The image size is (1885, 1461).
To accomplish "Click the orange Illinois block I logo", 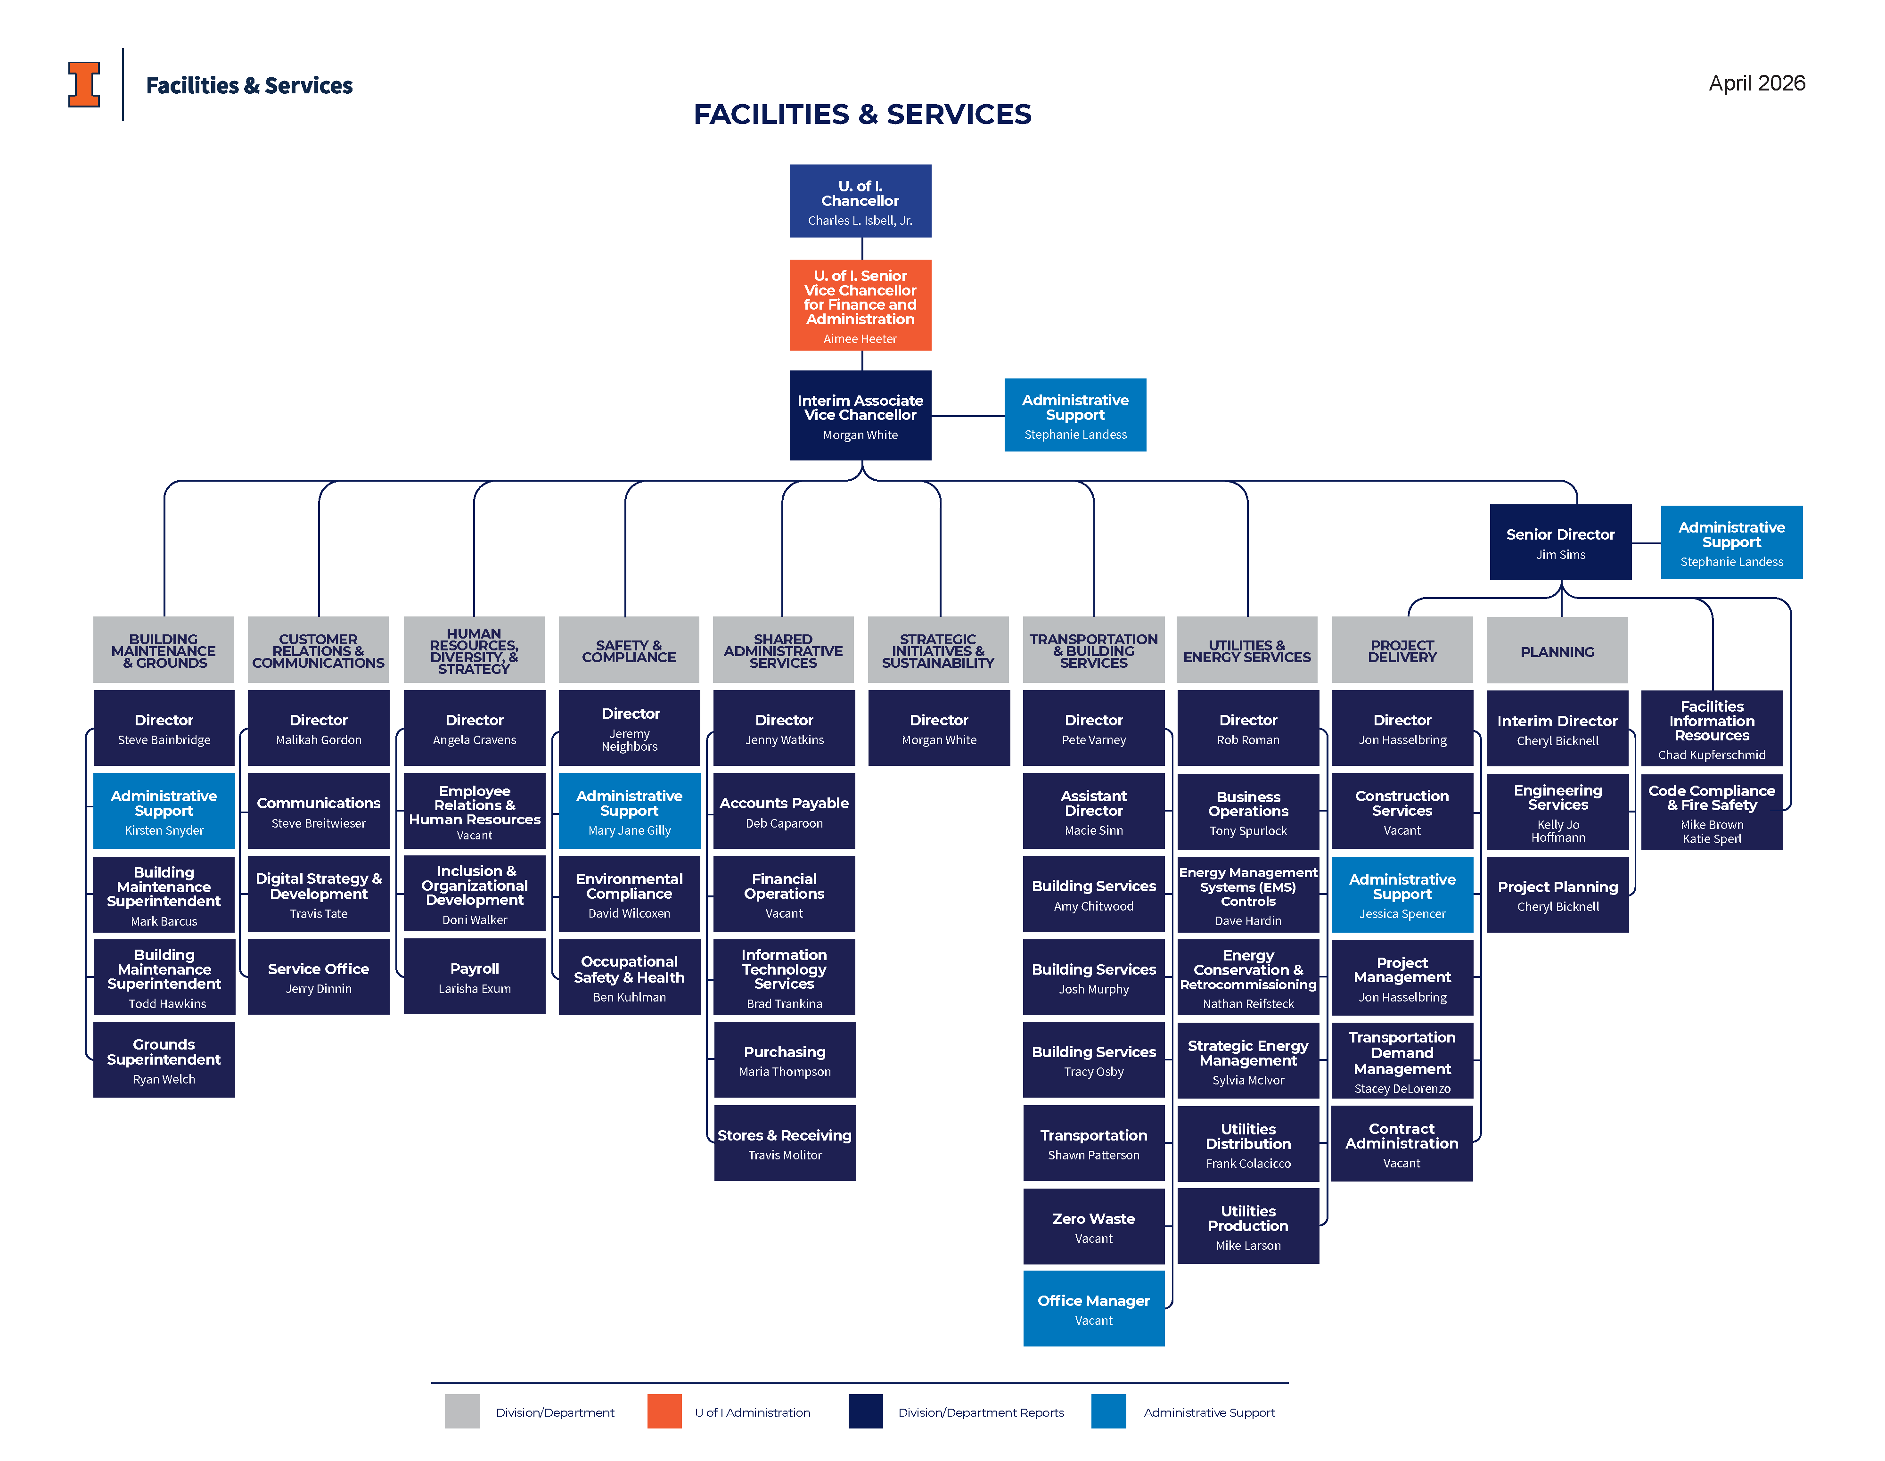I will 84,84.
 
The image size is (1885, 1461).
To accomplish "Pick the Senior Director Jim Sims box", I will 1560,542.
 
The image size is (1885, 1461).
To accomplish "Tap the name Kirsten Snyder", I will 164,830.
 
